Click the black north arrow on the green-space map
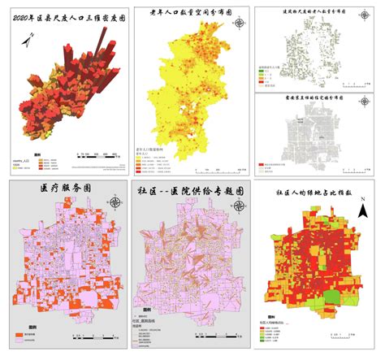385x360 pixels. pyautogui.click(x=363, y=213)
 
